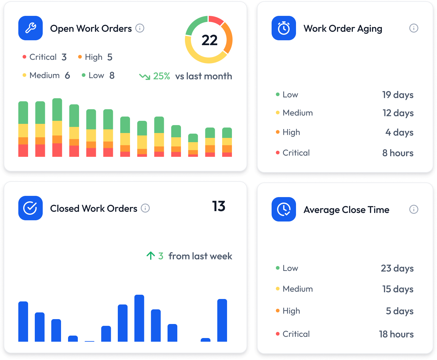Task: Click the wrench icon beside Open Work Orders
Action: click(x=31, y=28)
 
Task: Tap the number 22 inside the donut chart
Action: click(x=209, y=40)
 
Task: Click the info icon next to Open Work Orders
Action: click(x=140, y=28)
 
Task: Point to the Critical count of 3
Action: click(x=64, y=57)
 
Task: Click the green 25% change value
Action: click(x=161, y=76)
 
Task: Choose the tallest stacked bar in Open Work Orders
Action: click(x=57, y=128)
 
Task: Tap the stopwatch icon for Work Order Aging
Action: click(x=284, y=28)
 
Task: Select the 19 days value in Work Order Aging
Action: click(x=398, y=95)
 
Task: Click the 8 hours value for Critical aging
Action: click(x=398, y=153)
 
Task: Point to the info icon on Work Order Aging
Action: click(x=414, y=28)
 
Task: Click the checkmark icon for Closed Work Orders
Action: click(x=31, y=208)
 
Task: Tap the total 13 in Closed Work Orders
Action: click(x=218, y=207)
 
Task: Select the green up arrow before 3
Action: click(x=150, y=256)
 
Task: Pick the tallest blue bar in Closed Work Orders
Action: click(x=139, y=318)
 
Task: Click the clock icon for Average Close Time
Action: click(x=284, y=209)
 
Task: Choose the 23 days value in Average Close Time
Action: click(x=397, y=268)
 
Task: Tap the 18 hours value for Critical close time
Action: click(x=396, y=334)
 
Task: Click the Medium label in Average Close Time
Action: click(x=298, y=289)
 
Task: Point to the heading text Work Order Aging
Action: click(x=343, y=28)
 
